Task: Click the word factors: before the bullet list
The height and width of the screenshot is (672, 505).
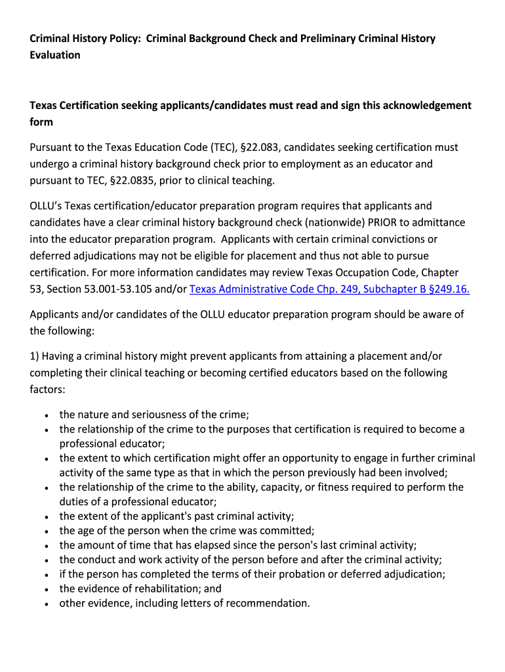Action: [x=48, y=389]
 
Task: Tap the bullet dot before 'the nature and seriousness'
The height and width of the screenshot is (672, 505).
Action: [x=47, y=415]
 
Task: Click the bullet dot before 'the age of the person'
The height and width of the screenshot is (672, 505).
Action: [x=47, y=531]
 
